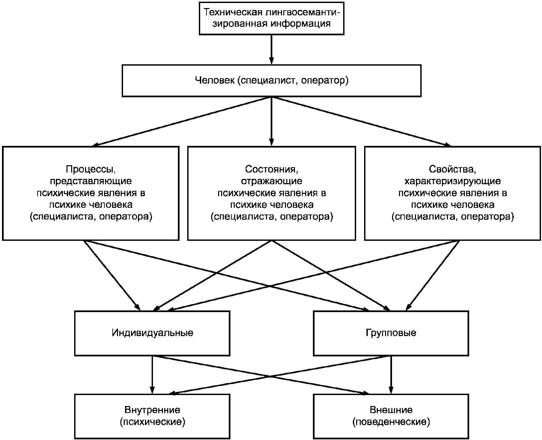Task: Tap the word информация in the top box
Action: (301, 23)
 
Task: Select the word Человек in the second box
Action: (215, 80)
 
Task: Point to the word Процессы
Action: (91, 169)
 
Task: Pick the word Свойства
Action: (453, 169)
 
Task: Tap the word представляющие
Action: (91, 181)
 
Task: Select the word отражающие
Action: (272, 181)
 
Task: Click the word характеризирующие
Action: (453, 181)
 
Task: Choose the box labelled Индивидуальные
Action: (152, 333)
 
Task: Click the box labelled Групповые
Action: (391, 333)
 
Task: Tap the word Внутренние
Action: (152, 410)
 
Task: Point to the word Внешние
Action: (391, 410)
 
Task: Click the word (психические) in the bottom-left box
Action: (152, 422)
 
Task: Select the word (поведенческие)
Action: (391, 422)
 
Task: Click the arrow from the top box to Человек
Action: (272, 50)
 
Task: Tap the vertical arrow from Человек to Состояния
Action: (272, 121)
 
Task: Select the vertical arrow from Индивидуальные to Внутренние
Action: (152, 375)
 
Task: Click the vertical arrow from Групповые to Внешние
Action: (391, 375)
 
